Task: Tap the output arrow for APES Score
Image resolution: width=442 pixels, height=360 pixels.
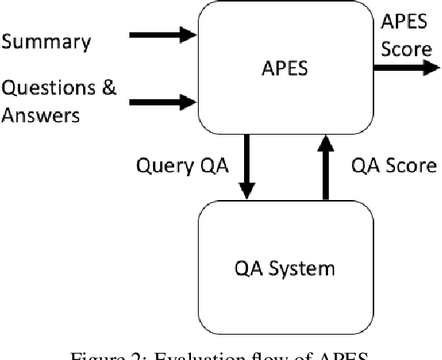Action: coord(405,68)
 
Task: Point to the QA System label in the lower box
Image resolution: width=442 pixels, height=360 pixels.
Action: coord(285,268)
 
